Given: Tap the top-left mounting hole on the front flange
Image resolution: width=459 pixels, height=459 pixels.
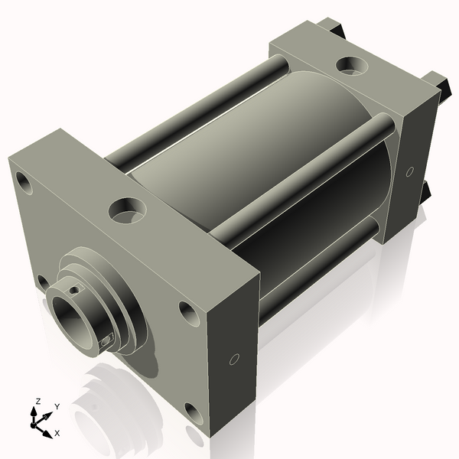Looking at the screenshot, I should [24, 184].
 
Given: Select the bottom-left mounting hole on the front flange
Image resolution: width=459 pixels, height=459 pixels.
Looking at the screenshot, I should [43, 282].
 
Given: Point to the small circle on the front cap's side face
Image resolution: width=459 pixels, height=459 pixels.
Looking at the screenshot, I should [235, 359].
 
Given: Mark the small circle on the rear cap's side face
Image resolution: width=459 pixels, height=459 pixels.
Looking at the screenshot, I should [410, 170].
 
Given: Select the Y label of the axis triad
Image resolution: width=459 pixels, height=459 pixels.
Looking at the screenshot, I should [57, 407].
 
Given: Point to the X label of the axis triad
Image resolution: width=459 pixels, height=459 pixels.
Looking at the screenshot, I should [56, 433].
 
